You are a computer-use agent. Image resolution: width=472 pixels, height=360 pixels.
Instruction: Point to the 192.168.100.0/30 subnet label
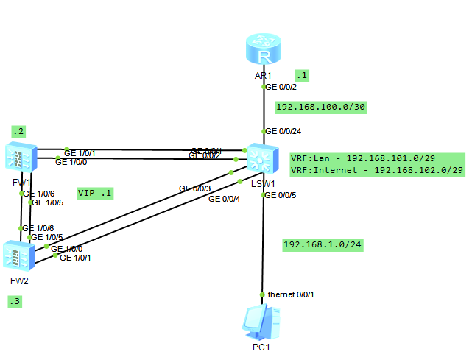[x=321, y=107]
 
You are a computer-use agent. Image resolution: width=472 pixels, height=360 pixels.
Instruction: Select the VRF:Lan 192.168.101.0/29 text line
[x=376, y=158]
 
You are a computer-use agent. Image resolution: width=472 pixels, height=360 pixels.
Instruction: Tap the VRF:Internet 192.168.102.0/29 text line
[x=376, y=170]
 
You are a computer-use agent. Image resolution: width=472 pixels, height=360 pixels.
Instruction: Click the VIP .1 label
[x=95, y=193]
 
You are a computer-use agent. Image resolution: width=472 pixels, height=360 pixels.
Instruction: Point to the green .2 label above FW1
[x=18, y=132]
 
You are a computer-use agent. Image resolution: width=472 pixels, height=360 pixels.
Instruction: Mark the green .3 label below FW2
[x=15, y=302]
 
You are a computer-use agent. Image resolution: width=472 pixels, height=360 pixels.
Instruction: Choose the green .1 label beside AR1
[x=301, y=75]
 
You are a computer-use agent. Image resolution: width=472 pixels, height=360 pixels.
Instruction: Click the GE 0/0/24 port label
[x=283, y=132]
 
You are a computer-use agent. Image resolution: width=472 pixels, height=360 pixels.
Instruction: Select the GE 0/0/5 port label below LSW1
[x=281, y=195]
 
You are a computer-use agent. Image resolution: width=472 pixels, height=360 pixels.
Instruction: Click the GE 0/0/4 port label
[x=224, y=198]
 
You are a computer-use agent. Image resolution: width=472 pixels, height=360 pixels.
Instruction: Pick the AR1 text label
[x=263, y=76]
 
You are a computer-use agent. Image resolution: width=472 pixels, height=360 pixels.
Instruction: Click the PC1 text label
[x=261, y=347]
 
